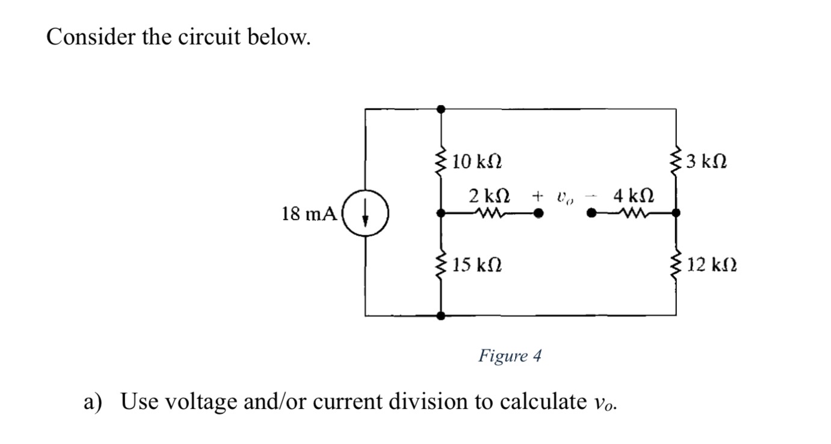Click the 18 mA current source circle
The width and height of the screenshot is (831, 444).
[x=366, y=214]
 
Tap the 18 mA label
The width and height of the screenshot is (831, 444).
[x=309, y=214]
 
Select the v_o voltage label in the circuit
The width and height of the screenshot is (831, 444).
[x=564, y=197]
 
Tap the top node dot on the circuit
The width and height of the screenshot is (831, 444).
[x=441, y=109]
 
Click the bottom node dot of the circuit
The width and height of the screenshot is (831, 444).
[x=441, y=315]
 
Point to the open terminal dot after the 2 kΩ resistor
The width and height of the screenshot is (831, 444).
[x=539, y=212]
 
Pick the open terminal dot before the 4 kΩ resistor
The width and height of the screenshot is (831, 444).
[x=592, y=212]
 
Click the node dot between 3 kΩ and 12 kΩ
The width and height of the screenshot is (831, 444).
[x=676, y=212]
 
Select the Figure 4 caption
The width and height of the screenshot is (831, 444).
[x=510, y=356]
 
